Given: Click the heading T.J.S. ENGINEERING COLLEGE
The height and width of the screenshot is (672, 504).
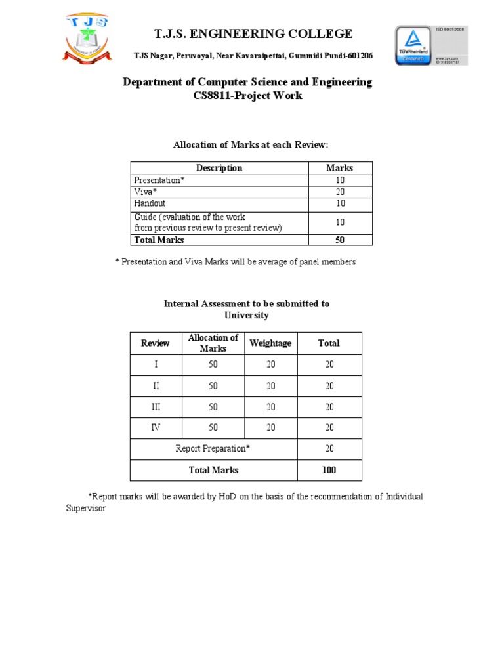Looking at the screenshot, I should point(253,34).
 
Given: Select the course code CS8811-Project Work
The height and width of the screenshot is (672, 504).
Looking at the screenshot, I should point(247,96).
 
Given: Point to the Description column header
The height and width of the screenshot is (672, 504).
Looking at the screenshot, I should point(219,168).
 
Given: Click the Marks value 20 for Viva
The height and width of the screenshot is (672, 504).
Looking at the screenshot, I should point(339,192).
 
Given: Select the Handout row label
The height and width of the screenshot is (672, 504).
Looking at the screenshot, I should point(150,204).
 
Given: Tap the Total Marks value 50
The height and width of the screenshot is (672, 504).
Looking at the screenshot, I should point(339,240).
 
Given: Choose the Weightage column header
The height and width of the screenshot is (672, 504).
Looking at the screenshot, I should point(270,343).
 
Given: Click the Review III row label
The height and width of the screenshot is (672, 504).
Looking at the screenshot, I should point(156,407).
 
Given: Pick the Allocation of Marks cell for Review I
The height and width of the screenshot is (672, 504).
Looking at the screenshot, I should point(213,364).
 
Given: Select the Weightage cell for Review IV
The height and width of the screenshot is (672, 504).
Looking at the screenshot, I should point(270,428).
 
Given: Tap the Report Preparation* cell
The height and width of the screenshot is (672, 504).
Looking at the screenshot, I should point(213,449).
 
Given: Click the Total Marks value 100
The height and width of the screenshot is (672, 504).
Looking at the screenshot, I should point(329,470).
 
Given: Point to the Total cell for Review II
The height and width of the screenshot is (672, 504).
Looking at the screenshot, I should point(329,386).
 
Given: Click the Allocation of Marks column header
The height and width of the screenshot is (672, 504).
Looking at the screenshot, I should point(213,343).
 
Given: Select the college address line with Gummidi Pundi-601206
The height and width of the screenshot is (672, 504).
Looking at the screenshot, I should point(253,56).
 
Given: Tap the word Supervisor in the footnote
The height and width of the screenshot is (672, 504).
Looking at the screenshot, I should point(86,509).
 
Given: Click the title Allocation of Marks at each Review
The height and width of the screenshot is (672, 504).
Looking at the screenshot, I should point(250,144).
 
